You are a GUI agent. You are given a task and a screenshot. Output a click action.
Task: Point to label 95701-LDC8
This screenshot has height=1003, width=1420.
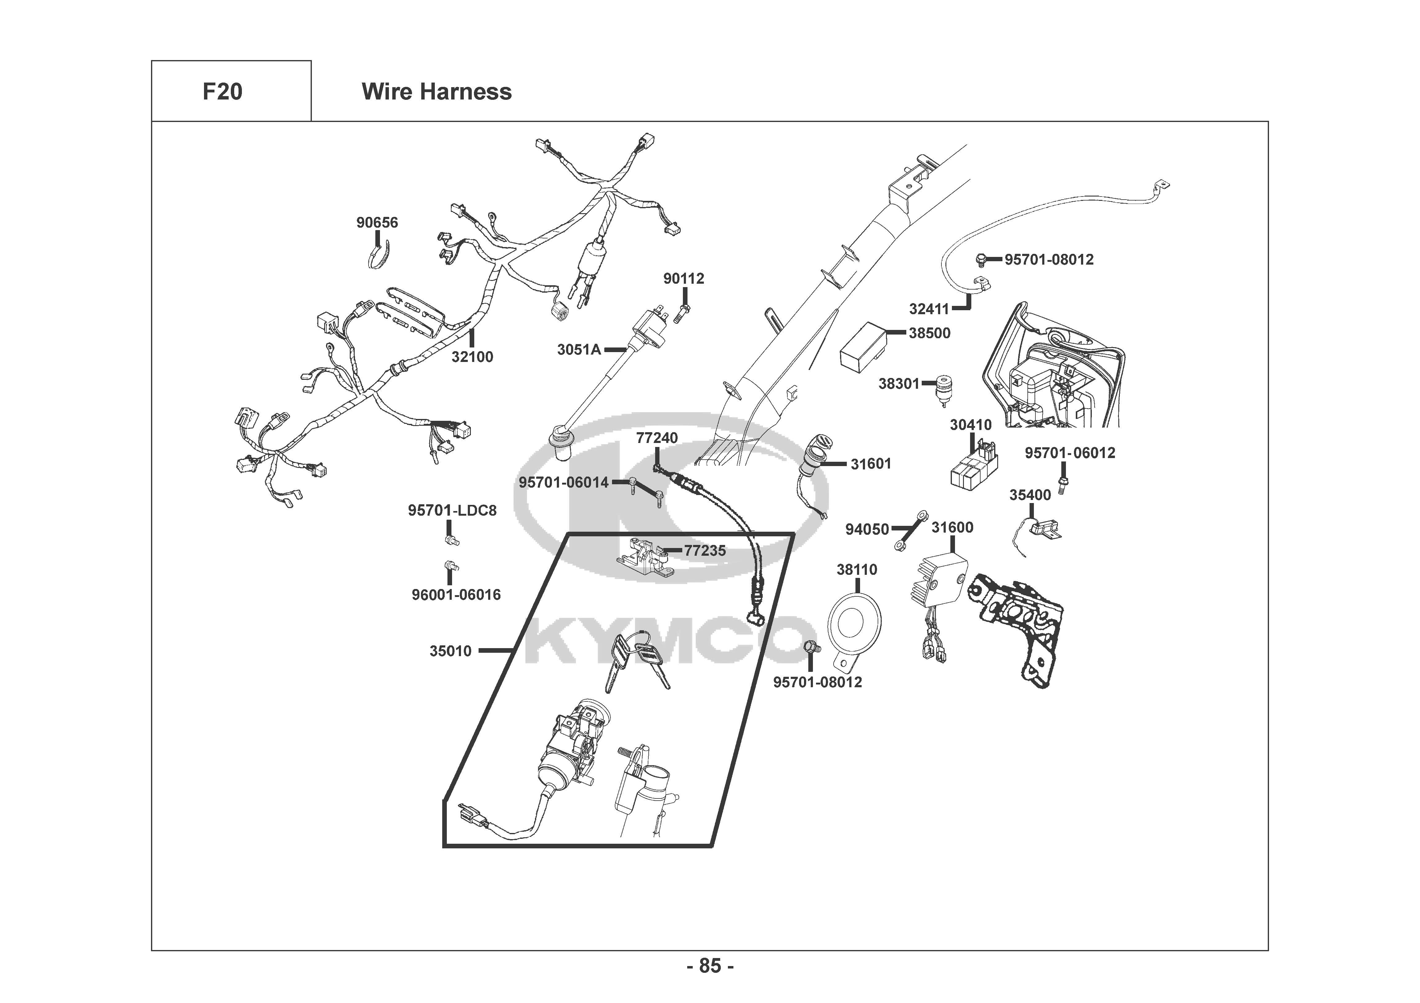click(452, 511)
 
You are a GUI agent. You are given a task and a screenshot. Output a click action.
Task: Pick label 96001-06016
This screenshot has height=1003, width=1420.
click(456, 595)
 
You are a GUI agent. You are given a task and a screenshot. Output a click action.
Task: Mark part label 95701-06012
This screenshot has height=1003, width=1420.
click(1070, 453)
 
